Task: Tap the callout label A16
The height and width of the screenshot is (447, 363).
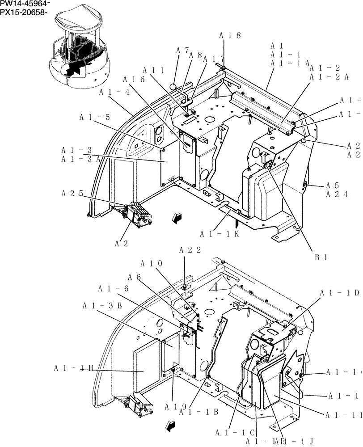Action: pyautogui.click(x=133, y=80)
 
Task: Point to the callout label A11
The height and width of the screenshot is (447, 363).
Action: pyautogui.click(x=153, y=70)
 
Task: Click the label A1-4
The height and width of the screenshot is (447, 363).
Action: pyautogui.click(x=114, y=92)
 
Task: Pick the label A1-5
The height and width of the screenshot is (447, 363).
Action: pyautogui.click(x=94, y=118)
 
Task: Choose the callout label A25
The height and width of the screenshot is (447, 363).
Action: pyautogui.click(x=72, y=194)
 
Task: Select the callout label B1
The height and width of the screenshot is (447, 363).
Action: pyautogui.click(x=321, y=257)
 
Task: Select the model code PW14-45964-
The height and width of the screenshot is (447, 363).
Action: pyautogui.click(x=25, y=4)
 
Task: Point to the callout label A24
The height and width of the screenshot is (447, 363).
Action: pyautogui.click(x=337, y=194)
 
